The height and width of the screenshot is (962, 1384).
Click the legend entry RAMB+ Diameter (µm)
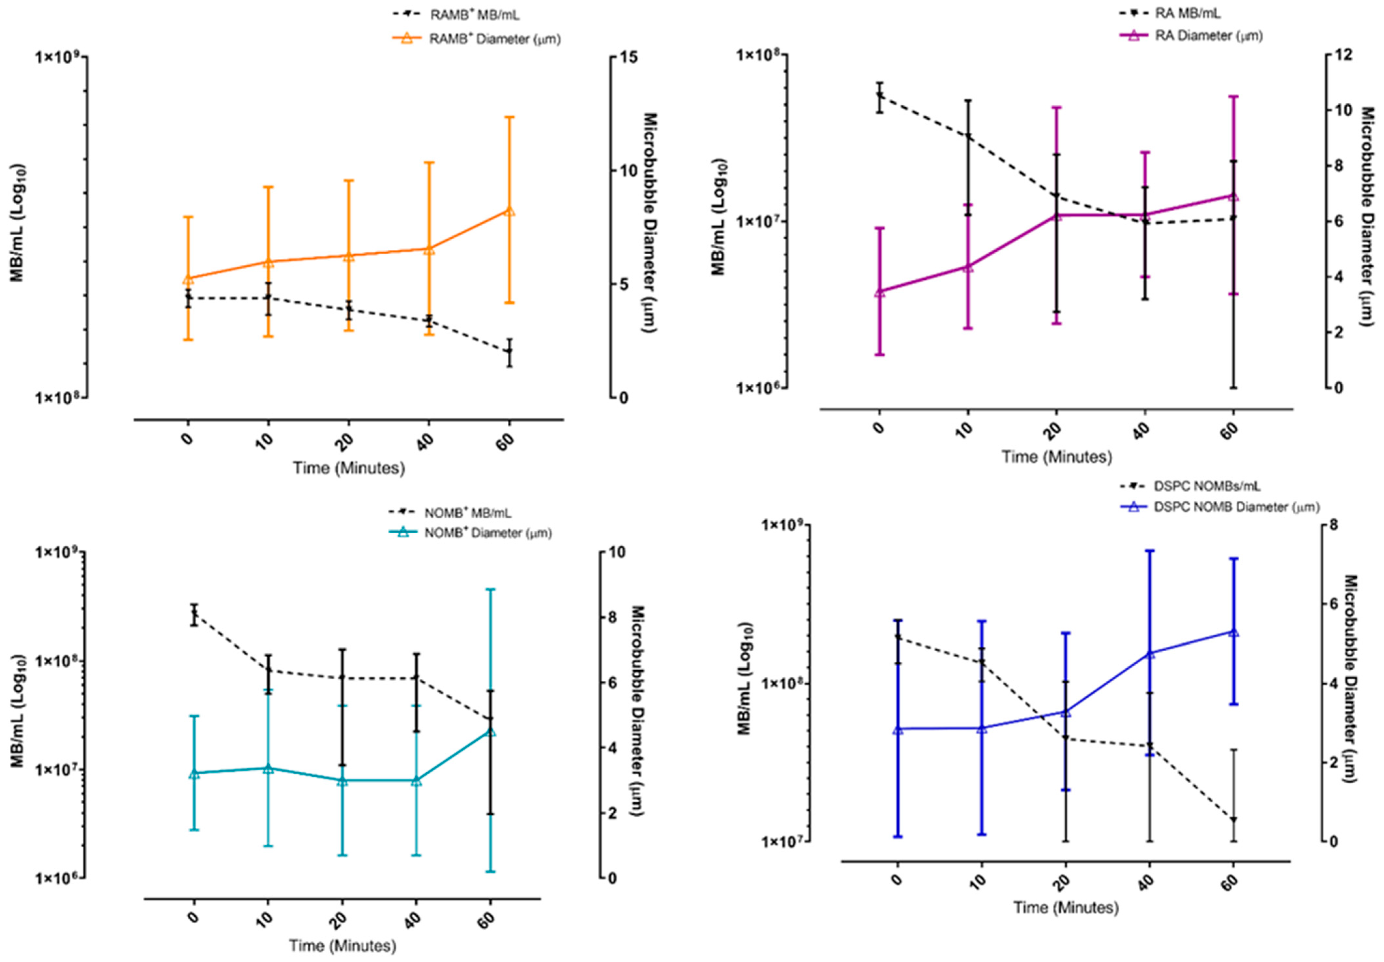coord(494,39)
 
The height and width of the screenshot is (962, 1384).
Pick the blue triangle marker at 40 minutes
coord(1149,653)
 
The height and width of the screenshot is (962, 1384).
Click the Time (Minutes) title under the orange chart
coord(348,468)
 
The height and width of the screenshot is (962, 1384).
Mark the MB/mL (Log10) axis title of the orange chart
coord(18,223)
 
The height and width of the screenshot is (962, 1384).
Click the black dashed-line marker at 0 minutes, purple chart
coord(880,95)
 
